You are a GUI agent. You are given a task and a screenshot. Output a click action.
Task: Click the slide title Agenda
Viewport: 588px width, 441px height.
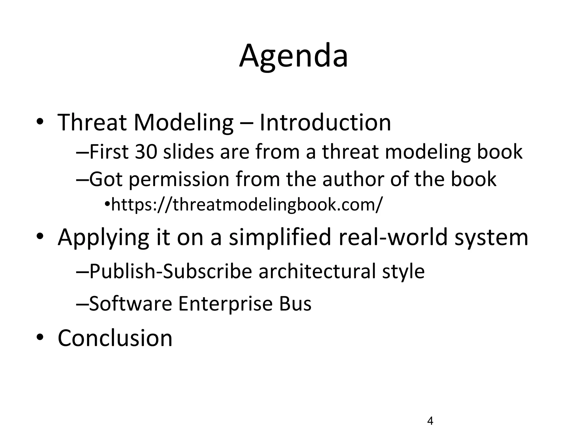click(x=293, y=56)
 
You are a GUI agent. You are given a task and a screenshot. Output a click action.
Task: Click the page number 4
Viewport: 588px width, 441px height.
click(x=430, y=421)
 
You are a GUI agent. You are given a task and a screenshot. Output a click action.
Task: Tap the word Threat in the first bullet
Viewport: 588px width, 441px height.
click(x=92, y=123)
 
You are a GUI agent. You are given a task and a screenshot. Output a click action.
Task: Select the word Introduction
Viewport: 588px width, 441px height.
click(x=325, y=123)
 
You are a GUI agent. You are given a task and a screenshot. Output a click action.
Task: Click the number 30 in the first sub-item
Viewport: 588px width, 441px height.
click(x=146, y=152)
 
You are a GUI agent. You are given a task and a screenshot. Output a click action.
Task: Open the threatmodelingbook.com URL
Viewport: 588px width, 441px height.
click(x=247, y=204)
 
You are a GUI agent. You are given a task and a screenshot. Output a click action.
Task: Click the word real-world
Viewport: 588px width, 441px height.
click(x=393, y=237)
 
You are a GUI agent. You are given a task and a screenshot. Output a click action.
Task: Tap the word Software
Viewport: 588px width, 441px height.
click(x=131, y=303)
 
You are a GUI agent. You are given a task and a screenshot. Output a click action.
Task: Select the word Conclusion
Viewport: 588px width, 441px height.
click(x=115, y=338)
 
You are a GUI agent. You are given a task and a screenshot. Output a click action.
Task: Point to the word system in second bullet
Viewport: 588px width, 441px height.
click(x=491, y=238)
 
